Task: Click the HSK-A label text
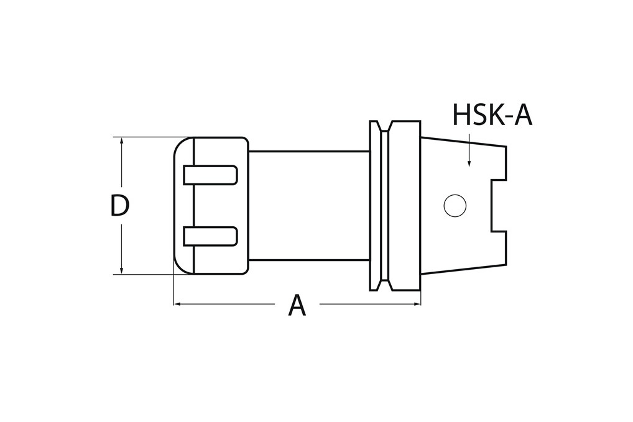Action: pos(492,115)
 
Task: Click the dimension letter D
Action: pos(119,206)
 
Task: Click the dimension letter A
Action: pos(297,306)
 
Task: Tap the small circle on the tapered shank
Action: pos(455,205)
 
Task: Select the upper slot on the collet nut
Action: pos(211,175)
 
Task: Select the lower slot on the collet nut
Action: pos(211,236)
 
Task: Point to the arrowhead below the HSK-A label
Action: pos(469,163)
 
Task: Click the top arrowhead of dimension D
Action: pos(122,141)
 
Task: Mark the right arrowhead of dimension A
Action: pos(417,305)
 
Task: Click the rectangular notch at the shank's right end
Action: pos(499,205)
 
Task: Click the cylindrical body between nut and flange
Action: pos(308,205)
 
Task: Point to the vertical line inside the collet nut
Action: pos(195,205)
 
